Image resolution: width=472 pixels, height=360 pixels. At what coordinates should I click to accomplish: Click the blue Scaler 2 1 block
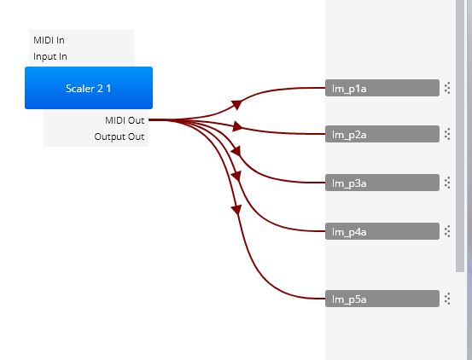pos(89,88)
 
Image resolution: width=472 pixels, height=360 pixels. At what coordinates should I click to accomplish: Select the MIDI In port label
pos(49,40)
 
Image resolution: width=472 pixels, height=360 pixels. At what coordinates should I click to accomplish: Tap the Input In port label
pos(50,56)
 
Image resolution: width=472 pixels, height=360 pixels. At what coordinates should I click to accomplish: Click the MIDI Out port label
pos(125,120)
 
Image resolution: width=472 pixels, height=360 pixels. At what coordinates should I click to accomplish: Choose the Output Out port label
pos(119,136)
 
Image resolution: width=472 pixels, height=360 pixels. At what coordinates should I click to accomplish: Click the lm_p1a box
pos(382,88)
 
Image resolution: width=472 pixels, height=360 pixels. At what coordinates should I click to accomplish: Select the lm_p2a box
pos(382,134)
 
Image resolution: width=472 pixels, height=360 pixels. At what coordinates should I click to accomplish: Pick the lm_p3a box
pos(382,183)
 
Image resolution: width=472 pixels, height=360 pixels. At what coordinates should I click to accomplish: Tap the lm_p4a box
pos(382,231)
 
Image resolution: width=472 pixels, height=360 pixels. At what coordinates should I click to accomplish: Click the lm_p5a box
pos(382,299)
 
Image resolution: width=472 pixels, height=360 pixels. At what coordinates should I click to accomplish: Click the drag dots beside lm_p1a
pos(447,88)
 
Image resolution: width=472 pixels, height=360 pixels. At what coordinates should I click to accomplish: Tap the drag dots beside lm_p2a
pos(447,134)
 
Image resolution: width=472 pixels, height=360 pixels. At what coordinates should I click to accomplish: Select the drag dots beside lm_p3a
pos(447,183)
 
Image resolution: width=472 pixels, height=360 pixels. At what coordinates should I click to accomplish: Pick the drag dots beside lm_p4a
pos(447,231)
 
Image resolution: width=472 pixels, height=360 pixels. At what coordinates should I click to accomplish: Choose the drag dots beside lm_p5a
pos(447,299)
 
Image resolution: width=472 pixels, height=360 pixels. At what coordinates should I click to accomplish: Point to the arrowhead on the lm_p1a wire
pos(237,104)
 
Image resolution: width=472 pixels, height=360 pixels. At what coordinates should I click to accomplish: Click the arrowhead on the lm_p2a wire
pos(237,126)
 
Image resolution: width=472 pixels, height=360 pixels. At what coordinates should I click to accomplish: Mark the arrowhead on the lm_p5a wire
pos(237,210)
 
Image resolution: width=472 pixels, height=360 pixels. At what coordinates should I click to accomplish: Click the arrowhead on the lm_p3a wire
pos(236,151)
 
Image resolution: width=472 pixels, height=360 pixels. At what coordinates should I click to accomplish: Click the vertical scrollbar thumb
pos(460,136)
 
